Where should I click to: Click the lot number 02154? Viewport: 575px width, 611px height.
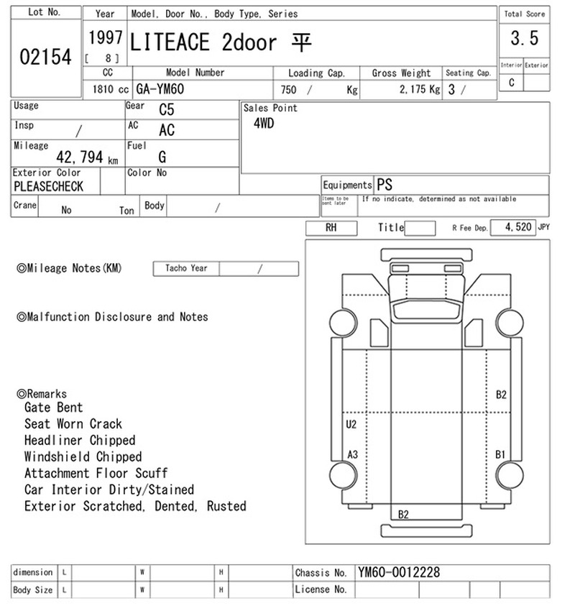(45, 57)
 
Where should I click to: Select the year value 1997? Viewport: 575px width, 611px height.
(105, 38)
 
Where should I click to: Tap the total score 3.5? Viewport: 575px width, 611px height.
(525, 38)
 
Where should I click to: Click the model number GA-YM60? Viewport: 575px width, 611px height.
(160, 89)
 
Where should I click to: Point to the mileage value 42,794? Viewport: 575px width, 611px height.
(80, 157)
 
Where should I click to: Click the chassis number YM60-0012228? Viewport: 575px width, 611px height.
(398, 572)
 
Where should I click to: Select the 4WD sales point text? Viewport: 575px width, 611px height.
(264, 124)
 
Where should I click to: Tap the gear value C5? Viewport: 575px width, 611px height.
(166, 110)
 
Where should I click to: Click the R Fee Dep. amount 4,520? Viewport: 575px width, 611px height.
(518, 226)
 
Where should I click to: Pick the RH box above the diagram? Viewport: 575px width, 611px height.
(331, 228)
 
